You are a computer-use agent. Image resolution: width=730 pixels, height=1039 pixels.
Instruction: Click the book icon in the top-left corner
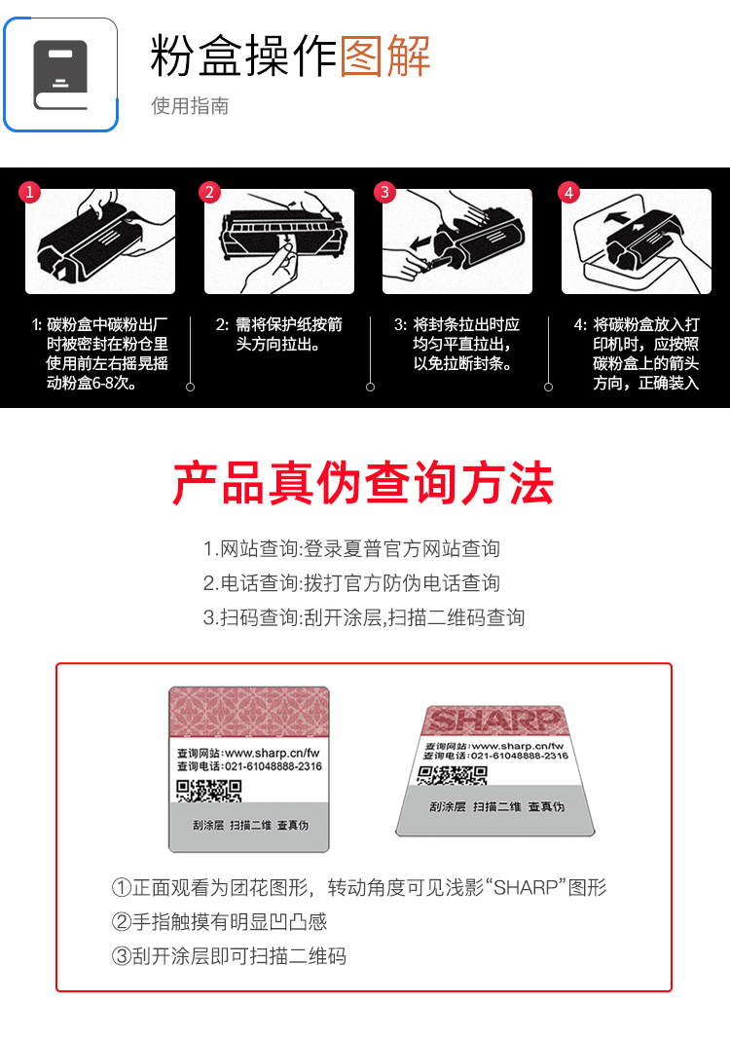(60, 75)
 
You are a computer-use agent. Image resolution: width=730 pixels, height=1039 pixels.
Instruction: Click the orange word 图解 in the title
(385, 56)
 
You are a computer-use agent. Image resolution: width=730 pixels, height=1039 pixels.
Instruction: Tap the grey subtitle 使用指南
(190, 106)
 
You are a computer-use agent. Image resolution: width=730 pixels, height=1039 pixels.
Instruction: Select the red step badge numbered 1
(30, 192)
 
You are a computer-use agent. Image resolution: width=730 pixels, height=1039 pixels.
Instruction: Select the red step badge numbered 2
(209, 192)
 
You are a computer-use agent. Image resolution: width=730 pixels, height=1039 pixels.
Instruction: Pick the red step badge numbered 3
(384, 192)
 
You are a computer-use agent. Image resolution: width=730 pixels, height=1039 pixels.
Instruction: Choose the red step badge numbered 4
(568, 192)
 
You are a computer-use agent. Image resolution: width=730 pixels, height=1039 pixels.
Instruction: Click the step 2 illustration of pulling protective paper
(279, 241)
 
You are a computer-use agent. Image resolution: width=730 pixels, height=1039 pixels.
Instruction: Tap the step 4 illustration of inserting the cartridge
(637, 241)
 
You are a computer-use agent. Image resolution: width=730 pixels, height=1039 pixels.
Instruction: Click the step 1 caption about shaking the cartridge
(100, 353)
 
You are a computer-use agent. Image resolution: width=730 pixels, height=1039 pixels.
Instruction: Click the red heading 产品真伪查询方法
(363, 484)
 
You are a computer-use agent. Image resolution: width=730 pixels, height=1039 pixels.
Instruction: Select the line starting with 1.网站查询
(351, 548)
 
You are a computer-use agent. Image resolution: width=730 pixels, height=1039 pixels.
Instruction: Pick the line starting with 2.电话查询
(351, 583)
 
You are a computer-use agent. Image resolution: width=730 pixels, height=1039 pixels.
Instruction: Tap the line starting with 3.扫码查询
(364, 617)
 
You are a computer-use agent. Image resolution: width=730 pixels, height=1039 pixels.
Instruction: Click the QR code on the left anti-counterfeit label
(208, 791)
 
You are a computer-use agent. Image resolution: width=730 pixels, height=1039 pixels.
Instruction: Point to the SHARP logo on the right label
(493, 720)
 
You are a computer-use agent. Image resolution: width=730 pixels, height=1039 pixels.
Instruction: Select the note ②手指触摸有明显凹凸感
(219, 922)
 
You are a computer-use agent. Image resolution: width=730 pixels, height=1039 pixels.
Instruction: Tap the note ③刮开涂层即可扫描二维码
(229, 956)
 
